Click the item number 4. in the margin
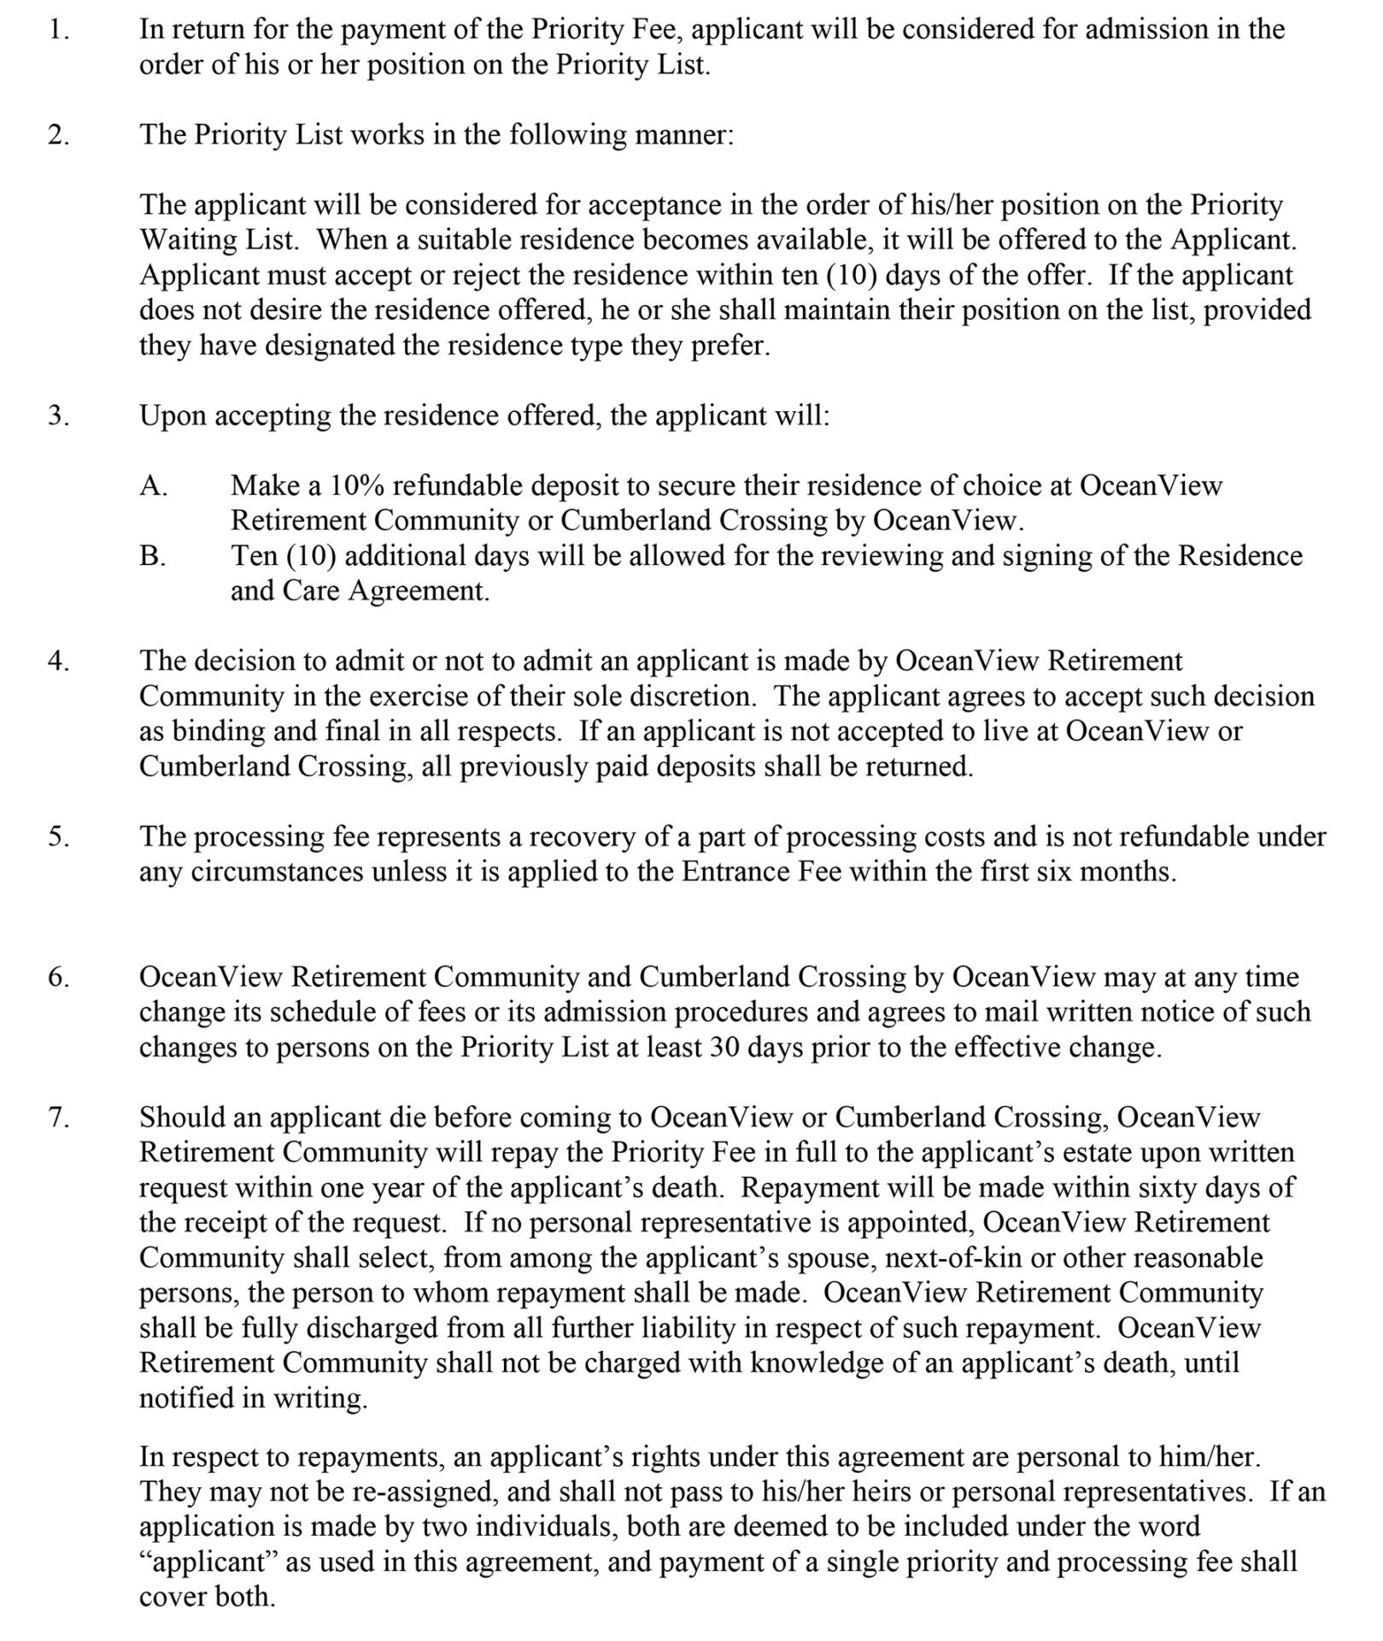(58, 662)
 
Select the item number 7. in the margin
(58, 1117)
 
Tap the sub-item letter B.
(153, 556)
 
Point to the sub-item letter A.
(154, 486)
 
